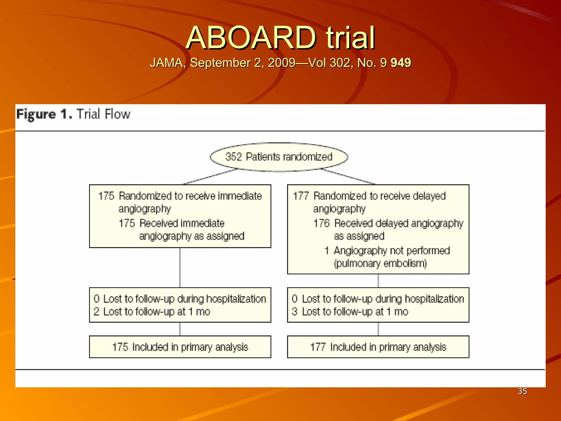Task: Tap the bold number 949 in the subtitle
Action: pos(400,63)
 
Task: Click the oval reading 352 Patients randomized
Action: pos(279,157)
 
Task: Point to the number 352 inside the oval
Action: pos(233,157)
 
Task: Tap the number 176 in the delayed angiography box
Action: pos(322,223)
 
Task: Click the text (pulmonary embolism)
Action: pos(380,263)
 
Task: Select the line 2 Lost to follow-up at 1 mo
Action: pos(152,312)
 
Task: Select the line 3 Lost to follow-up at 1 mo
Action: pos(350,312)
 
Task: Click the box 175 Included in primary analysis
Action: pos(180,347)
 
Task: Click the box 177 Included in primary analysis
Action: pos(378,347)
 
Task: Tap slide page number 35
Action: pos(522,391)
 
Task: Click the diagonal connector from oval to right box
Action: pos(348,177)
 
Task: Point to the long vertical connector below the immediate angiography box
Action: pos(180,268)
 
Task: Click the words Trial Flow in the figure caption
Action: pos(103,114)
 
